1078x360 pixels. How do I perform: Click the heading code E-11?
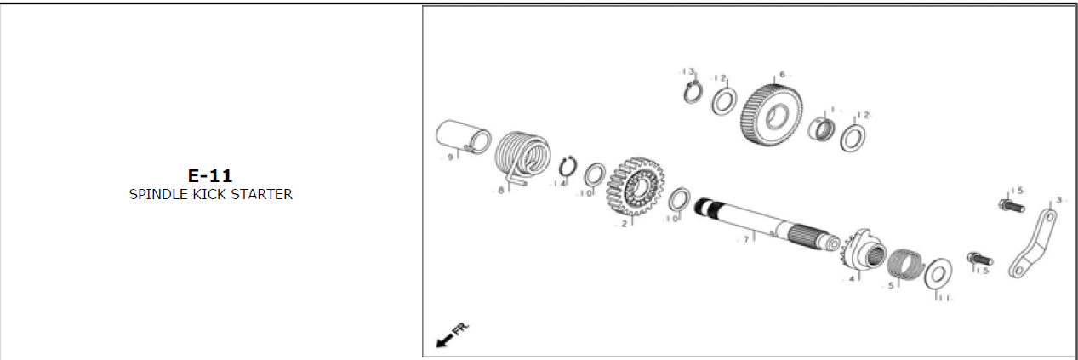[x=210, y=175]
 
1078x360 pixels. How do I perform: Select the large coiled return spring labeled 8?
[x=522, y=156]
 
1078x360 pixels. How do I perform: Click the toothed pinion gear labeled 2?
[x=636, y=186]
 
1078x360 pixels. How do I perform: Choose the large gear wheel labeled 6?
[x=771, y=116]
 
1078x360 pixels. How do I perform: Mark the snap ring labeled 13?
[x=693, y=93]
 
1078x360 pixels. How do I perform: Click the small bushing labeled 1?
[x=822, y=129]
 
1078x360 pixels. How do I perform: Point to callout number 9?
[x=450, y=157]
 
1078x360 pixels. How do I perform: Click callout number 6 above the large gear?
[x=782, y=74]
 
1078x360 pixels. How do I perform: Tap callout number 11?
[x=944, y=298]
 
